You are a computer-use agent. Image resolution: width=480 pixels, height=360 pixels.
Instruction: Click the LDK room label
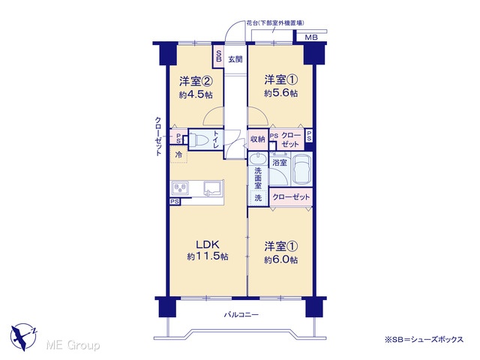(x=207, y=244)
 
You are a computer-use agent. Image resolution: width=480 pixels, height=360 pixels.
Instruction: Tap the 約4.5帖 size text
(x=196, y=94)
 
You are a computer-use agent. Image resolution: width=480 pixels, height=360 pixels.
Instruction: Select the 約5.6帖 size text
(x=280, y=93)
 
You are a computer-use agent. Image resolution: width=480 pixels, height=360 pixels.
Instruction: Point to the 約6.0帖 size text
(x=280, y=259)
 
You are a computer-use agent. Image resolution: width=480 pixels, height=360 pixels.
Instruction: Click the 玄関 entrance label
(x=235, y=59)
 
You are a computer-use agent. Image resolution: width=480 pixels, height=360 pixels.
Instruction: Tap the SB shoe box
(x=218, y=56)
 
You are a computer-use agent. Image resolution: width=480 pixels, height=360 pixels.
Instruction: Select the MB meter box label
(x=311, y=37)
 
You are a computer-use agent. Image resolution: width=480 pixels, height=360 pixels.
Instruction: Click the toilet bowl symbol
(x=198, y=140)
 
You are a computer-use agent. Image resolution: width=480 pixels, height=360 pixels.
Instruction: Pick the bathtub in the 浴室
(x=302, y=171)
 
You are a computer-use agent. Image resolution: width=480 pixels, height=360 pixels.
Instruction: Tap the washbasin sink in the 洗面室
(x=258, y=159)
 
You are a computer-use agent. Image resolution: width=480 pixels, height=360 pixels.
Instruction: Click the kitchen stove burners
(x=180, y=187)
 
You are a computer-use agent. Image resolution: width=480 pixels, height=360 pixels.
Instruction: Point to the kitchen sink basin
(x=214, y=187)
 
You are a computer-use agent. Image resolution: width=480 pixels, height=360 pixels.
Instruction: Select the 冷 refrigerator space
(x=178, y=154)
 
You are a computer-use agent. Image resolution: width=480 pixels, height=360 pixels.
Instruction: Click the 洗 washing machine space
(x=258, y=198)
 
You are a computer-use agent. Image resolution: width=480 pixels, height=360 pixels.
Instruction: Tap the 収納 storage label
(x=257, y=139)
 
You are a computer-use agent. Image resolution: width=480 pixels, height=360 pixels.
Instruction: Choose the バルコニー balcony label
(x=241, y=314)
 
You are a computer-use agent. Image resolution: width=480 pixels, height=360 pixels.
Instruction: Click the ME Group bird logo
(x=23, y=337)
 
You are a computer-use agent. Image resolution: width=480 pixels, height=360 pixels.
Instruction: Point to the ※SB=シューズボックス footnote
(x=424, y=340)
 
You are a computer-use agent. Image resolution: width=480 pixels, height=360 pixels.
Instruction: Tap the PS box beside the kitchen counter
(x=175, y=202)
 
